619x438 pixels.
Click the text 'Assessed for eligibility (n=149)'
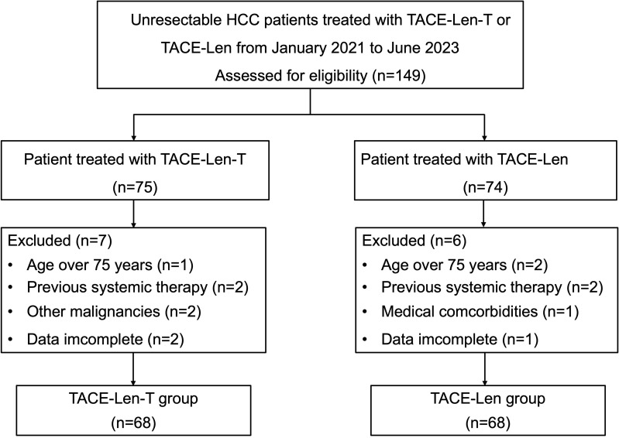320,75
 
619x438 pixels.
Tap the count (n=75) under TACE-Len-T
135,187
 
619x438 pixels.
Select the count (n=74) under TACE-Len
485,187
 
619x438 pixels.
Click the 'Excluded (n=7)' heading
60,241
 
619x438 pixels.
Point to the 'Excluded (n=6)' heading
414,241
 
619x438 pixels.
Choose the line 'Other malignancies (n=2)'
114,311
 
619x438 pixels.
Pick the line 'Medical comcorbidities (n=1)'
480,311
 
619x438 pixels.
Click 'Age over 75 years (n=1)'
110,265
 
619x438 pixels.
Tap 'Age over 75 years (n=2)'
464,265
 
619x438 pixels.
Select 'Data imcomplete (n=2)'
105,339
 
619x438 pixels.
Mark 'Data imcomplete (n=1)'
459,339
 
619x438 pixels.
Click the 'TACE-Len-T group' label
133,399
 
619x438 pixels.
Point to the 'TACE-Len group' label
487,399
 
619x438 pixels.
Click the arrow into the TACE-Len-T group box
133,369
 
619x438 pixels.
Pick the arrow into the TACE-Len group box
485,369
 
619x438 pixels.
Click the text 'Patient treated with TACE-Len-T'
135,159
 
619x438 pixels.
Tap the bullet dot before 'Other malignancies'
10,312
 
